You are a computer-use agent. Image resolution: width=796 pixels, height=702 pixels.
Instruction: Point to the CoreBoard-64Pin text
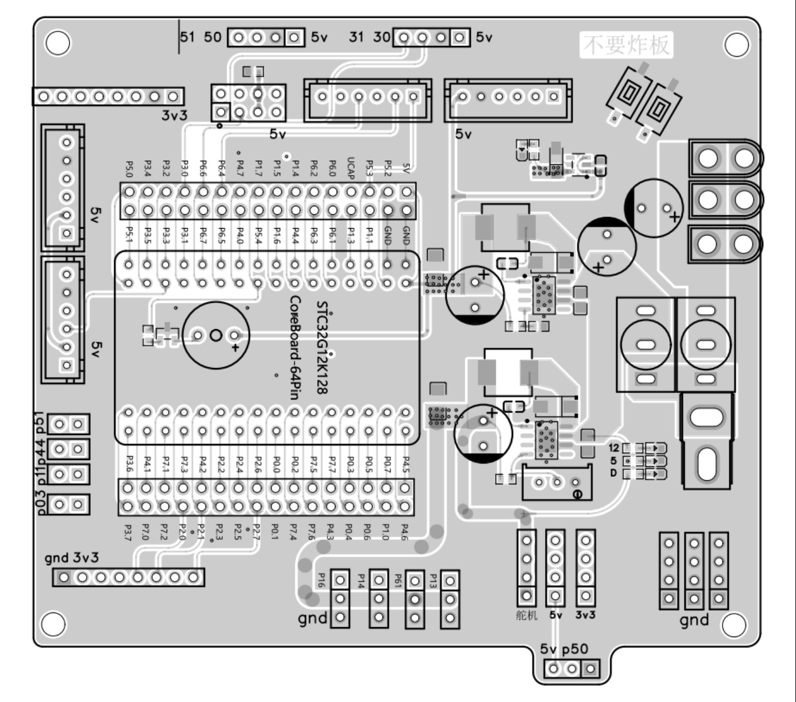296,347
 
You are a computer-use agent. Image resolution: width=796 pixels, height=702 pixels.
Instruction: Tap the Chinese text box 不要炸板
626,45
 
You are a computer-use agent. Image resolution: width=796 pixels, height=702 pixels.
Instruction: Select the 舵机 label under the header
527,615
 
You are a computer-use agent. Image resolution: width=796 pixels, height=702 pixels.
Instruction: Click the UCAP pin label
351,168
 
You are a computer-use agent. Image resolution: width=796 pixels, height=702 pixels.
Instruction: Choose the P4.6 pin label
404,532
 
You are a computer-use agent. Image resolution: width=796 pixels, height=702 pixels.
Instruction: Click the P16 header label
322,580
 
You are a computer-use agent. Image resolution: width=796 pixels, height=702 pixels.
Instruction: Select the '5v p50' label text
564,649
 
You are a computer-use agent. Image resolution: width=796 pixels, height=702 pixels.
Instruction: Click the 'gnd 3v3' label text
72,557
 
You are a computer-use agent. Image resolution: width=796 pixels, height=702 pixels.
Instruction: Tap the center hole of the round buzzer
216,335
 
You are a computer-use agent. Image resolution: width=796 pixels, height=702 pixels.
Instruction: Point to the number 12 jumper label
614,448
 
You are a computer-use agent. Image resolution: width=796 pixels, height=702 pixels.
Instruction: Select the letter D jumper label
613,473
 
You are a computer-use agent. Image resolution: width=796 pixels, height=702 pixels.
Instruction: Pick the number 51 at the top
188,37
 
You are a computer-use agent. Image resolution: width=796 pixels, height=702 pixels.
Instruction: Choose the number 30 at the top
381,37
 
